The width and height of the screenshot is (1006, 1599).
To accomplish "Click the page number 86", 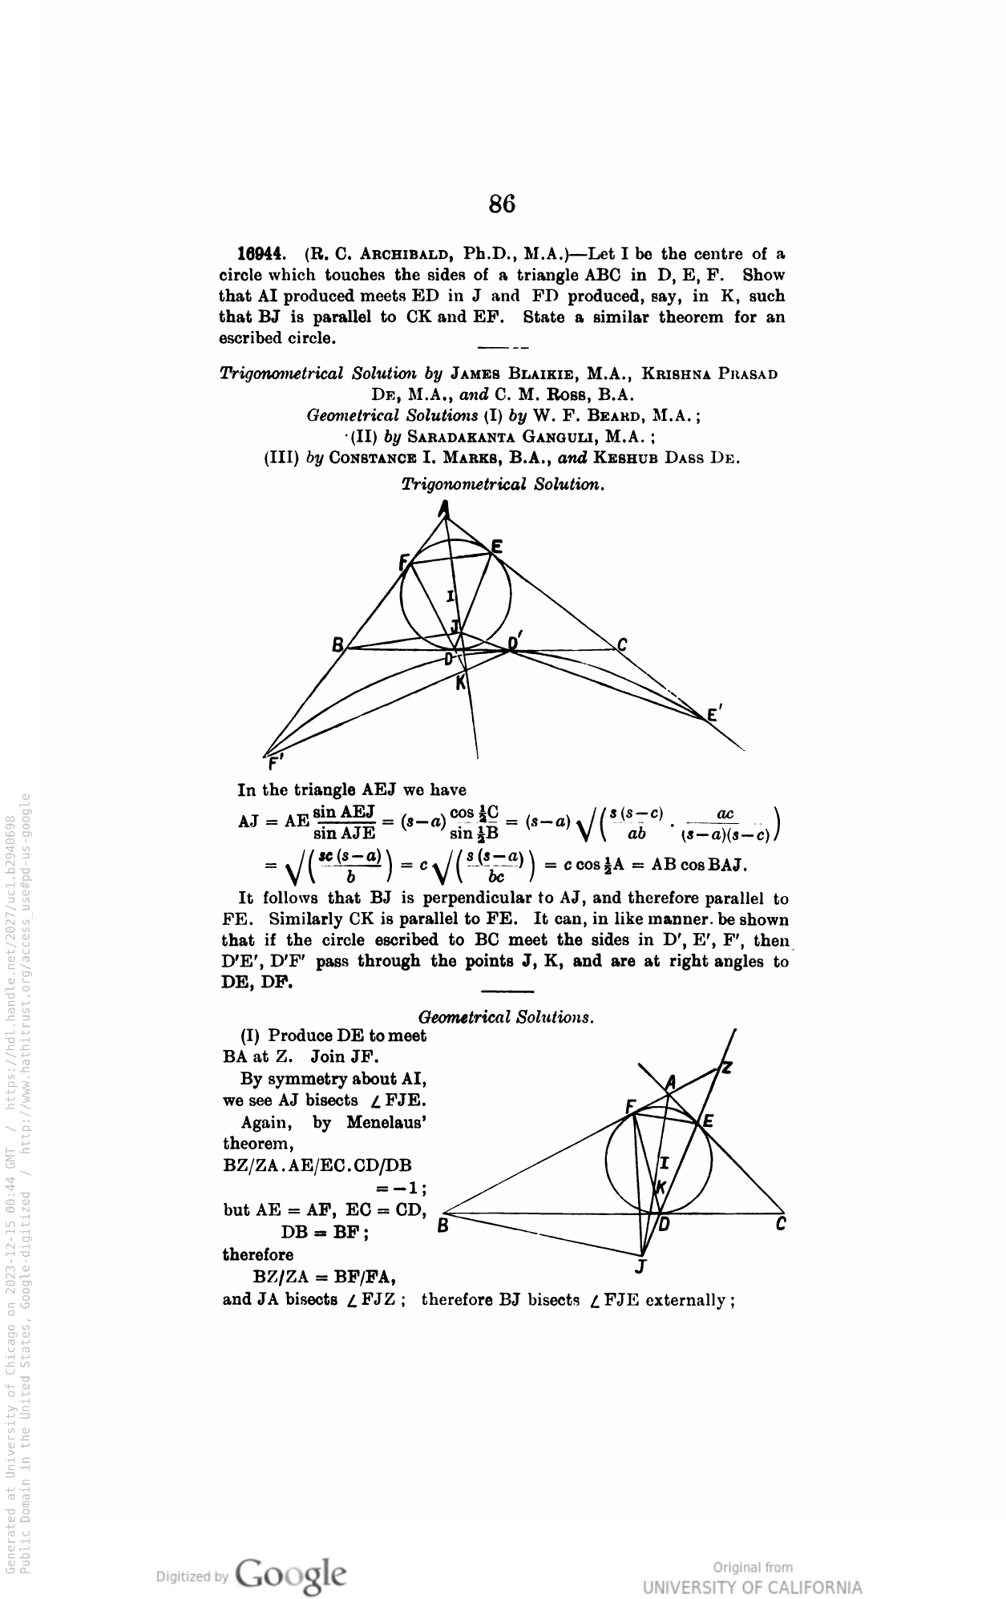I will click(502, 204).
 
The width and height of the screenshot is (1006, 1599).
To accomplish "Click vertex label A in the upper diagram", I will click(444, 508).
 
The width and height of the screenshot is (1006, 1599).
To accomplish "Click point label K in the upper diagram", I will click(460, 684).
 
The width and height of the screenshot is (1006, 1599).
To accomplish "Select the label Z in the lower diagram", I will click(726, 1067).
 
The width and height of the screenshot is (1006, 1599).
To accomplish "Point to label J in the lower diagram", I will click(640, 1267).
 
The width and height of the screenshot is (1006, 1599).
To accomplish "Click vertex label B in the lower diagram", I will click(441, 1225).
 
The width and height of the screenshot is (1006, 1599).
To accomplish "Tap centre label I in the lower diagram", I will click(664, 1163).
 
